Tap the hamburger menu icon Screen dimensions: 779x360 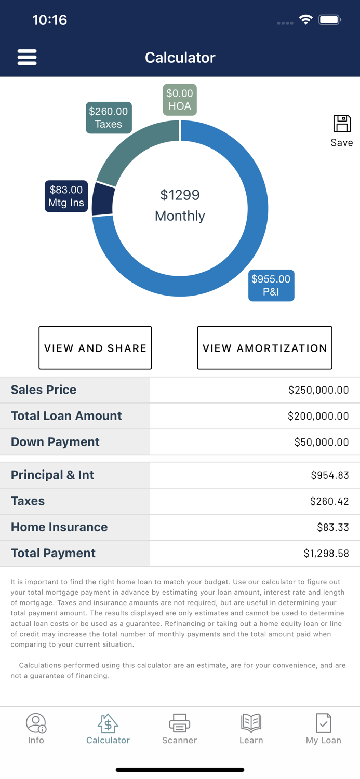[27, 57]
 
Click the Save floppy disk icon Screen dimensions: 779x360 [342, 125]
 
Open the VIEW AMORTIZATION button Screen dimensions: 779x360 [264, 348]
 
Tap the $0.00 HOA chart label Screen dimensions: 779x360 [180, 100]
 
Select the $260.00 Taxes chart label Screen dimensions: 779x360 [109, 118]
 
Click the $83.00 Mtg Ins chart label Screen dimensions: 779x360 [66, 196]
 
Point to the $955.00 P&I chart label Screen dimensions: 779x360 [271, 285]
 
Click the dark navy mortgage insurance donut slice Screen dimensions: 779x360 [103, 199]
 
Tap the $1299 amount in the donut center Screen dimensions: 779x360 [180, 195]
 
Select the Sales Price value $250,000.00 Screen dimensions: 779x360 [318, 390]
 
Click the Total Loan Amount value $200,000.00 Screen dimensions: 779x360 [318, 416]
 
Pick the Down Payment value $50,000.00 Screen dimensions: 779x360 [321, 442]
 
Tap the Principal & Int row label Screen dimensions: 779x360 [52, 475]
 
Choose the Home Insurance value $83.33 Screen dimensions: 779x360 [332, 527]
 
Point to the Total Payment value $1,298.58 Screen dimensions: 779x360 [326, 554]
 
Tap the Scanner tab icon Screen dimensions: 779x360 [179, 723]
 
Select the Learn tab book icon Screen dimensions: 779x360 [251, 723]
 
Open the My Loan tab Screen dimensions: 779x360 [323, 729]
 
